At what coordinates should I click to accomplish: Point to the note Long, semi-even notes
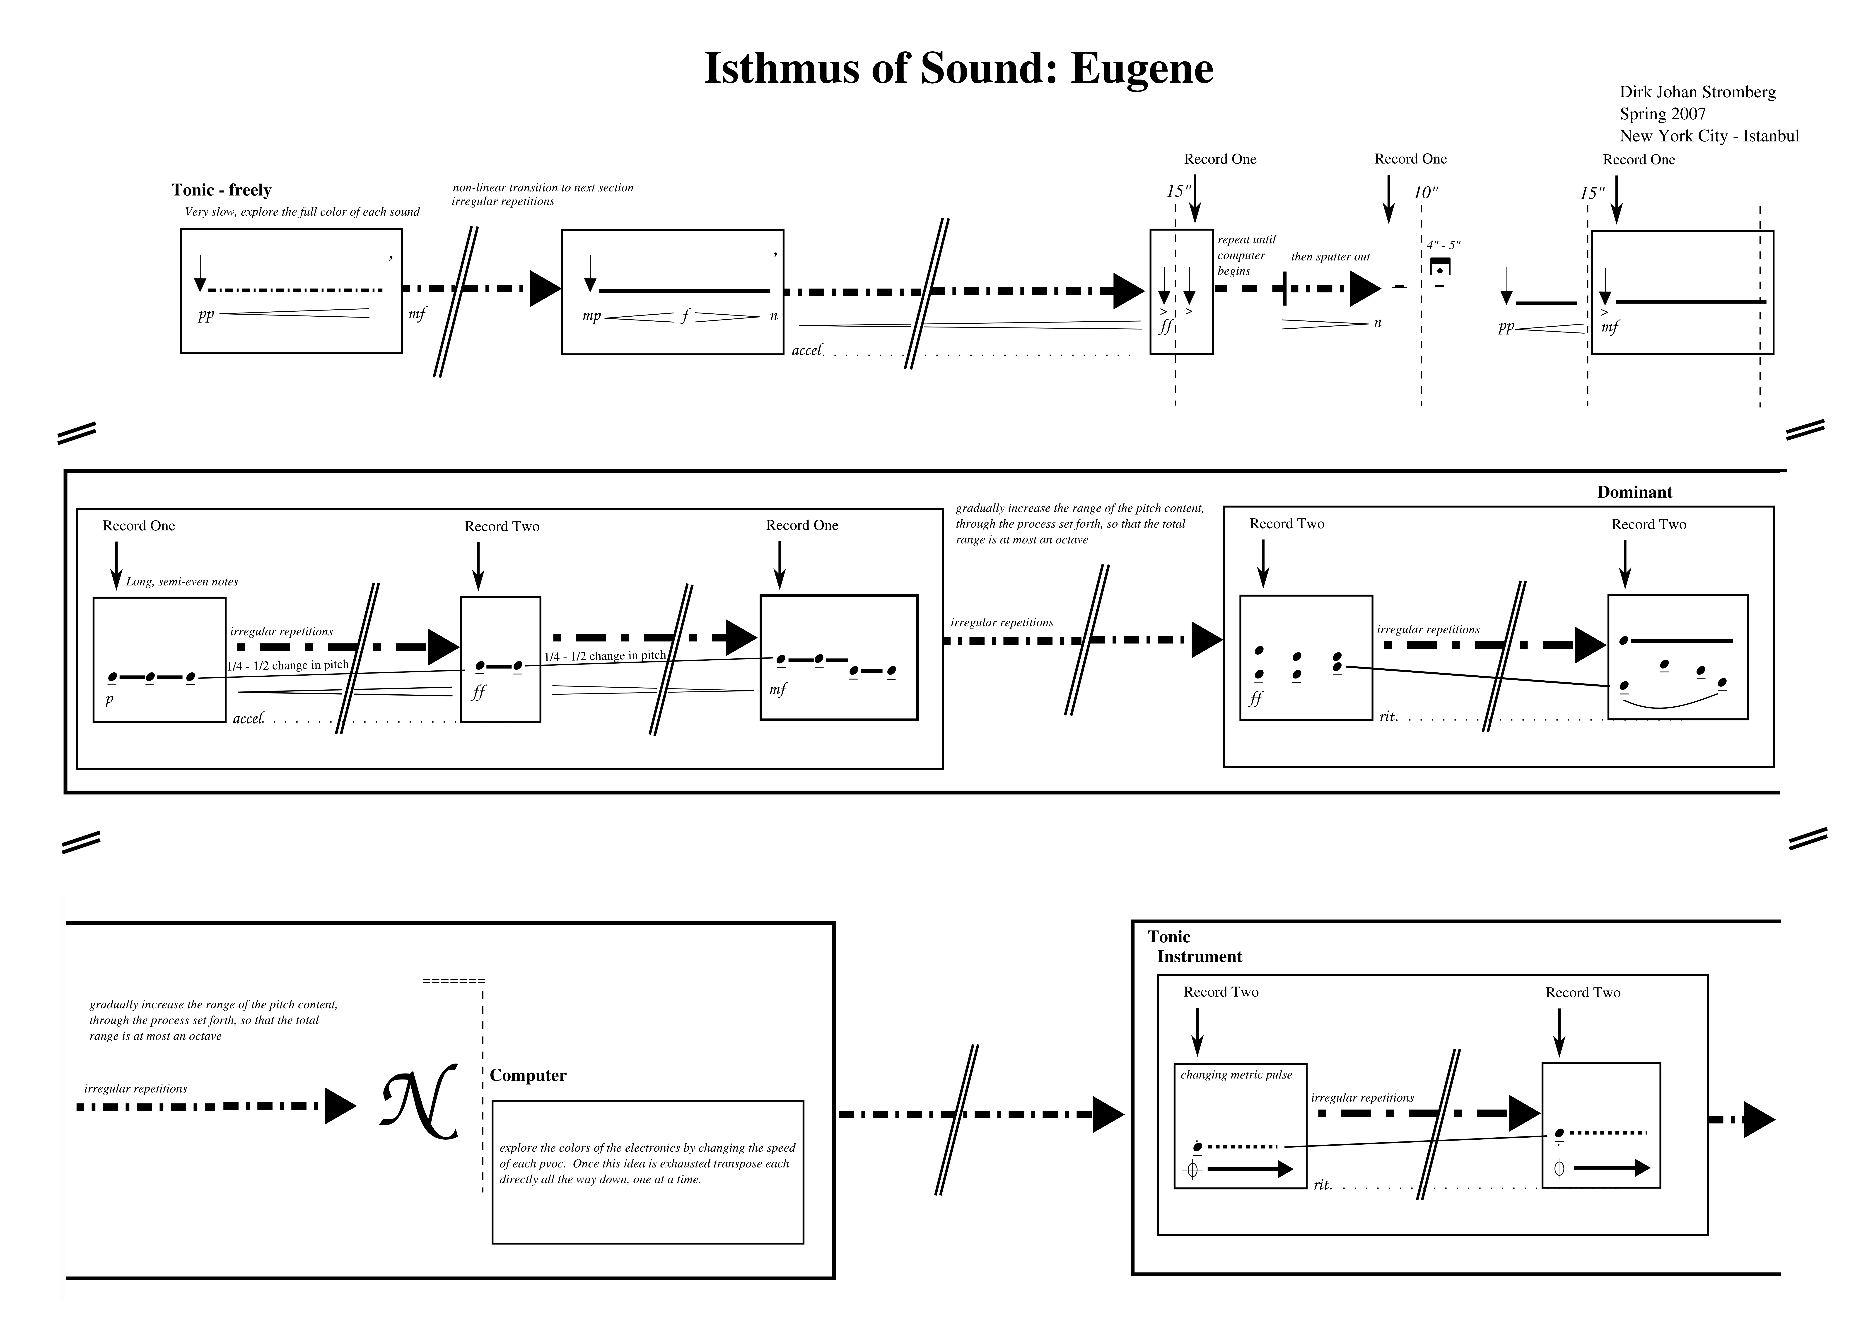point(182,582)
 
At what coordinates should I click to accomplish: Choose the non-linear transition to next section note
point(543,188)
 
